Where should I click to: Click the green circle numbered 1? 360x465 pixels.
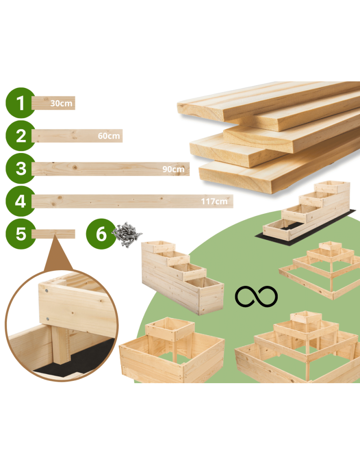point(20,102)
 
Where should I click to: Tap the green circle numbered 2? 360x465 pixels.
point(20,136)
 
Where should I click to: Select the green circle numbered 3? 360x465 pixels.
point(20,168)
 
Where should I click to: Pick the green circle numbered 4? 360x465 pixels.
point(20,201)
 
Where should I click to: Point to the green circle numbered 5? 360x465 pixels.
point(20,233)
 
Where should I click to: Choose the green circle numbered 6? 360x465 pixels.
point(101,233)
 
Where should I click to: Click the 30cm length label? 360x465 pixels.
point(61,103)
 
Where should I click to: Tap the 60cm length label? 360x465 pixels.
point(109,136)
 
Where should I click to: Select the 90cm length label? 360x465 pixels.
point(173,169)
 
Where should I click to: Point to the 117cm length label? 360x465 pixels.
point(214,201)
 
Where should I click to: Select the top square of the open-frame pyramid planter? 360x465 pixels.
point(331,249)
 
